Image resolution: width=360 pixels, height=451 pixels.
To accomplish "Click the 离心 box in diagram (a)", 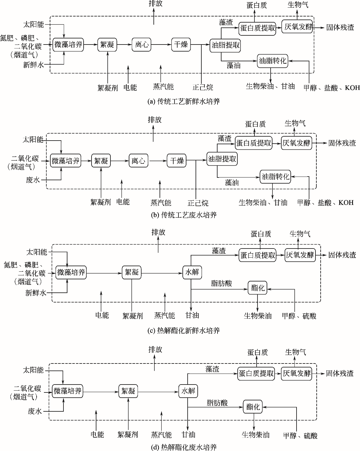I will [x=142, y=45].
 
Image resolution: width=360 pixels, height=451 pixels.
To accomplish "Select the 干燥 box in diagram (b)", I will [x=176, y=160].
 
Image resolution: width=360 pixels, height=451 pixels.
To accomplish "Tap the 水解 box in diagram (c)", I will [x=192, y=272].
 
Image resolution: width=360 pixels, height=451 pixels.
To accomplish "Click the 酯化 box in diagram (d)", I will [x=253, y=407].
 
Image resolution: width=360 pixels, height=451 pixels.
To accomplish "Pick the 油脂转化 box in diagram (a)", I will [x=273, y=61].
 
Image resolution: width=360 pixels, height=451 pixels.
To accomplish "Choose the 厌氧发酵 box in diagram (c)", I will [x=300, y=255].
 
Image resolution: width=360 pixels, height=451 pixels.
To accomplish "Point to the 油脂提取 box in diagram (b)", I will [x=222, y=159].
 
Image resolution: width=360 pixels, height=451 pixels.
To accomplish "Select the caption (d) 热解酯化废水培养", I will [x=184, y=447].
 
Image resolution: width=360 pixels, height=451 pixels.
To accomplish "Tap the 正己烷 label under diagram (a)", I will [x=203, y=88].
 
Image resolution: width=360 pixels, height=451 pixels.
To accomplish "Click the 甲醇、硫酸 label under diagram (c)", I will [x=299, y=316].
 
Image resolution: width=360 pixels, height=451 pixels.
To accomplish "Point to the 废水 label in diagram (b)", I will [x=33, y=180].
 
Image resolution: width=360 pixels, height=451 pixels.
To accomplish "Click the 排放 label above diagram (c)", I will [x=158, y=232].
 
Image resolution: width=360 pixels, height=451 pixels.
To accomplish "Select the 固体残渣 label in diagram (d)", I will [x=340, y=373].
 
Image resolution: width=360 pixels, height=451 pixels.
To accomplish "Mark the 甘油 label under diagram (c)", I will [x=192, y=315].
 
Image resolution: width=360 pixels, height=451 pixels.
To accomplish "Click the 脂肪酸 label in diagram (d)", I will [x=217, y=403].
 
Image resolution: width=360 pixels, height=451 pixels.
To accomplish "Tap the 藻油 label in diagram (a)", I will [x=233, y=65].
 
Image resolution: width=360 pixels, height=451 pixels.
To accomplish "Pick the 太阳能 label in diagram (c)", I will [x=37, y=252].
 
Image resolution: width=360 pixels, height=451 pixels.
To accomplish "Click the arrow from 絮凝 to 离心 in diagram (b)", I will [x=120, y=160].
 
